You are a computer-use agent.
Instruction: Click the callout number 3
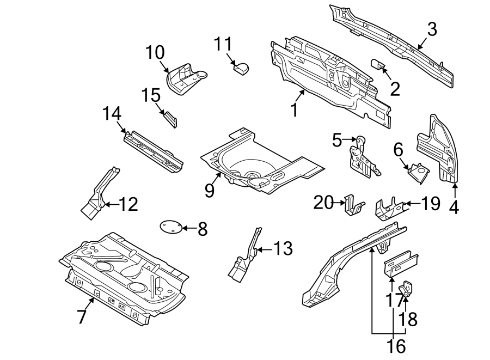click(431, 29)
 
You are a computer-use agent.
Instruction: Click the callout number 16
click(397, 345)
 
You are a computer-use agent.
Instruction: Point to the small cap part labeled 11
click(240, 68)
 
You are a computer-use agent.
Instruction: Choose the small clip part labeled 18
click(407, 288)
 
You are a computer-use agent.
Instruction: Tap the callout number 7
click(81, 316)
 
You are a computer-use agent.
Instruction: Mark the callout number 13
click(283, 249)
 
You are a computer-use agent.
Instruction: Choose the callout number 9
click(210, 190)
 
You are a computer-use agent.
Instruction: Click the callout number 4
click(454, 207)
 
